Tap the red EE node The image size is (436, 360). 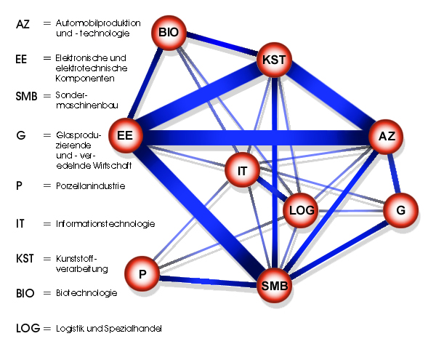click(x=125, y=135)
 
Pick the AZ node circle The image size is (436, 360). click(x=386, y=135)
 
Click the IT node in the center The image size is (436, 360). click(x=242, y=171)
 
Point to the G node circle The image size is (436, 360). click(x=400, y=210)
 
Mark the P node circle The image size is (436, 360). click(x=143, y=273)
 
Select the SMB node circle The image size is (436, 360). click(x=276, y=286)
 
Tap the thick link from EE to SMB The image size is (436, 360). click(x=200, y=211)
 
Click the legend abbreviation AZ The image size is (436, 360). click(x=23, y=25)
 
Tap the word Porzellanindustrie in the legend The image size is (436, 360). click(x=90, y=186)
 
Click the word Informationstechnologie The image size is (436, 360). click(x=105, y=224)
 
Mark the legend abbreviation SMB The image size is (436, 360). click(x=26, y=96)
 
